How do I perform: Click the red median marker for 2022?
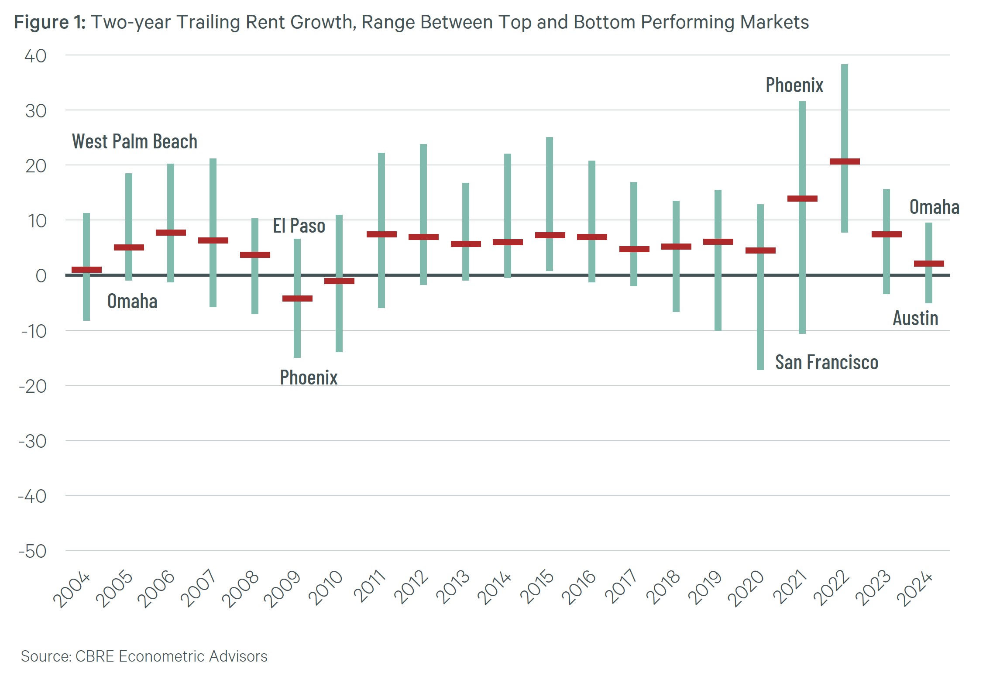845,161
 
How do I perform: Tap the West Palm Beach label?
134,141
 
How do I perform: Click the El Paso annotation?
299,226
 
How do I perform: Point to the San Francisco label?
826,362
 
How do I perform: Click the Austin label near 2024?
915,318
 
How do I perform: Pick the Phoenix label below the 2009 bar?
309,377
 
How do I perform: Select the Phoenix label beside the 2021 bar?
794,85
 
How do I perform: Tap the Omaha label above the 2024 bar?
934,207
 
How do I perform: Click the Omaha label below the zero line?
132,301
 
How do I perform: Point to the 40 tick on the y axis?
35,56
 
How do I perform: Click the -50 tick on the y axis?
33,551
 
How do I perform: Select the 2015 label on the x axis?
537,587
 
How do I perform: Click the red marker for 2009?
297,299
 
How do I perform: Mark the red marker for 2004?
86,270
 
